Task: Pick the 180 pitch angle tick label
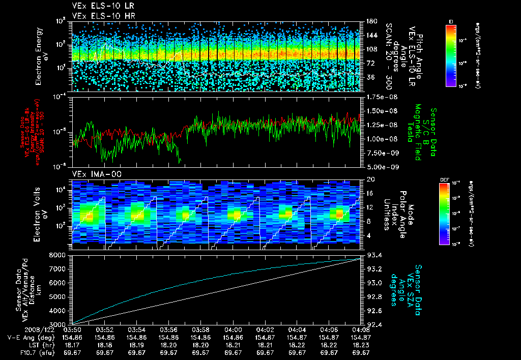(370, 21)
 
